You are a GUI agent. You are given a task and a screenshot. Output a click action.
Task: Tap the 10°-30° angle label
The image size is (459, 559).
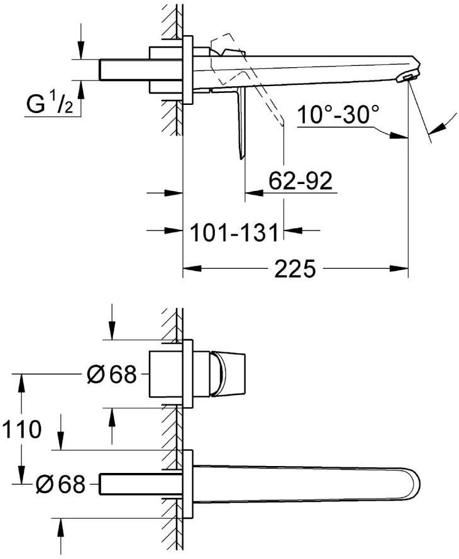pyautogui.click(x=339, y=115)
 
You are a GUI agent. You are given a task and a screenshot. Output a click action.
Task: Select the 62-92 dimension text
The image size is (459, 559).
pyautogui.click(x=300, y=182)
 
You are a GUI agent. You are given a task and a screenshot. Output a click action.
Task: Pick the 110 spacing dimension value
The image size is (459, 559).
pyautogui.click(x=21, y=430)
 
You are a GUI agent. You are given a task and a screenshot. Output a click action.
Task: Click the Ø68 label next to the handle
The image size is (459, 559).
pyautogui.click(x=111, y=375)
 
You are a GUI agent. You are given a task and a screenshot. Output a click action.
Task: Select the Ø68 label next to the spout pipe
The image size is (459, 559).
pyautogui.click(x=60, y=484)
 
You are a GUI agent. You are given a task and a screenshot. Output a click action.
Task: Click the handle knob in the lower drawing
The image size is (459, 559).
pyautogui.click(x=228, y=374)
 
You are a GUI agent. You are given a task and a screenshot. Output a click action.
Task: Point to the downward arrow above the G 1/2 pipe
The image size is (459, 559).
pyautogui.click(x=80, y=50)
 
